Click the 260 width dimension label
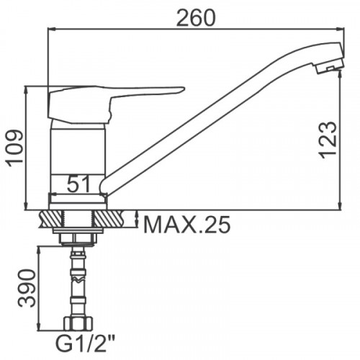tap(196, 18)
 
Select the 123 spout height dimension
tap(327, 140)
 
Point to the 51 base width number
tap(78, 184)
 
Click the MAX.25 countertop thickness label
tap(186, 225)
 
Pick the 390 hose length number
tap(27, 288)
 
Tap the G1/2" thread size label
tap(85, 344)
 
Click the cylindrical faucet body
tap(78, 158)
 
